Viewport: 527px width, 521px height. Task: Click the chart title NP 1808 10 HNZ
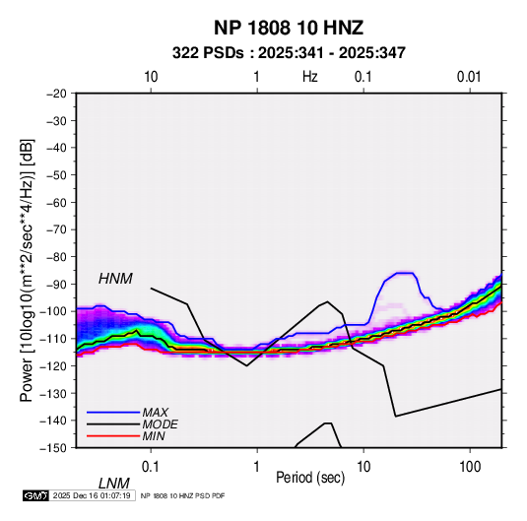[x=289, y=28]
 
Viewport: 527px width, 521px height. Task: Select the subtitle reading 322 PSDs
[x=208, y=53]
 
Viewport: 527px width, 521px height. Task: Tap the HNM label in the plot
[x=115, y=279]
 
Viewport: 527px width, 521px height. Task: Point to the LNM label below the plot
[x=114, y=484]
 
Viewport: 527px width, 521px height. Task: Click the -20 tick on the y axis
[x=56, y=94]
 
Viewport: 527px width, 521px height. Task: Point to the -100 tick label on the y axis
[x=53, y=311]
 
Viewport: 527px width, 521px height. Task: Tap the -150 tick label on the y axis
[x=53, y=448]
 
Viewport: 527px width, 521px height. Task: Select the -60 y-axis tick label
[x=56, y=202]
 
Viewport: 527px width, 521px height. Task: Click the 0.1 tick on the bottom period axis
[x=151, y=467]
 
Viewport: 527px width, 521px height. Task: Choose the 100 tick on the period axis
[x=470, y=467]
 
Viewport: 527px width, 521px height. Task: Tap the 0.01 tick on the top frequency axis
[x=469, y=77]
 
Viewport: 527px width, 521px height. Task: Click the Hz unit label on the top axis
[x=310, y=77]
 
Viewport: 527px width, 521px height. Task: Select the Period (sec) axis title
[x=310, y=478]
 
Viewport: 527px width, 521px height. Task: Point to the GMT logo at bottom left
[x=36, y=495]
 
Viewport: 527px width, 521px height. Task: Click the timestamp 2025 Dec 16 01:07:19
[x=92, y=495]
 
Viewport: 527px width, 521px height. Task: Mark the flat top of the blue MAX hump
[x=405, y=273]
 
